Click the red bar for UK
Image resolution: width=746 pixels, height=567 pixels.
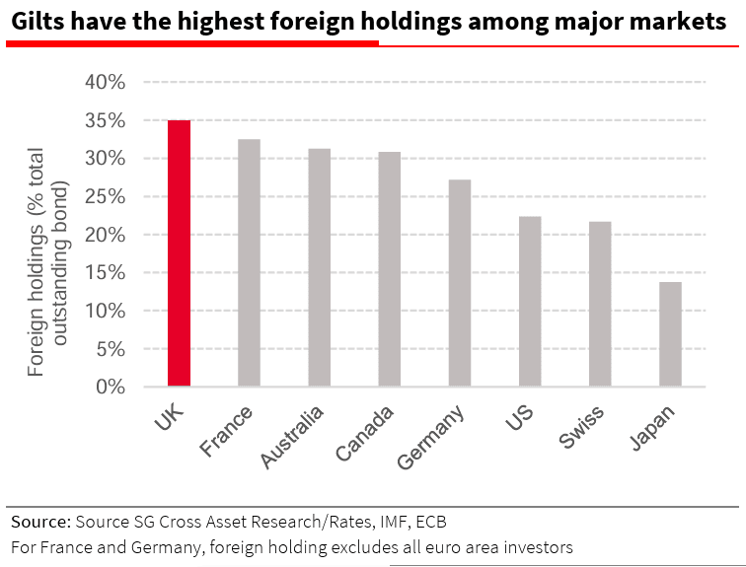click(x=179, y=253)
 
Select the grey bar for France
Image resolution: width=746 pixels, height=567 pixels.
click(x=249, y=263)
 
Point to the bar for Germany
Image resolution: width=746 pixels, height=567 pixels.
click(x=459, y=283)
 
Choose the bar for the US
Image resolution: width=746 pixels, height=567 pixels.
click(x=530, y=302)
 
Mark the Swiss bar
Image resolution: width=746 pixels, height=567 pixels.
click(x=600, y=304)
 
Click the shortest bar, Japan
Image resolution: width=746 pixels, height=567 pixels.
click(x=670, y=334)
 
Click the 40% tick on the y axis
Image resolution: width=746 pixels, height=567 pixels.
click(x=106, y=83)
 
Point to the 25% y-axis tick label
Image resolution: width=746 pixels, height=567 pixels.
click(x=106, y=197)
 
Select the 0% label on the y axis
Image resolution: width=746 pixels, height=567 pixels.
click(x=111, y=388)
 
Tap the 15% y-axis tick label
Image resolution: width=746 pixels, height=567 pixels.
click(x=106, y=273)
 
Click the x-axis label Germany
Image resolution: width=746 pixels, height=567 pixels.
click(x=431, y=440)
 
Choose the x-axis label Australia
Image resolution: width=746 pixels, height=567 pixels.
click(x=292, y=439)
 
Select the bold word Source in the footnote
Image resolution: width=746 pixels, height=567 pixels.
click(x=39, y=521)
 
